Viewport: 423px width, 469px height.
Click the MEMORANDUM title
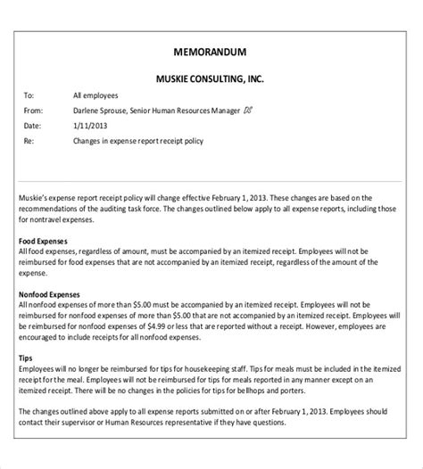click(211, 51)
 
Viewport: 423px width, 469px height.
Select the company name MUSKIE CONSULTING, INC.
click(211, 78)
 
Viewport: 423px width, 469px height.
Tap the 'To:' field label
click(29, 95)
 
